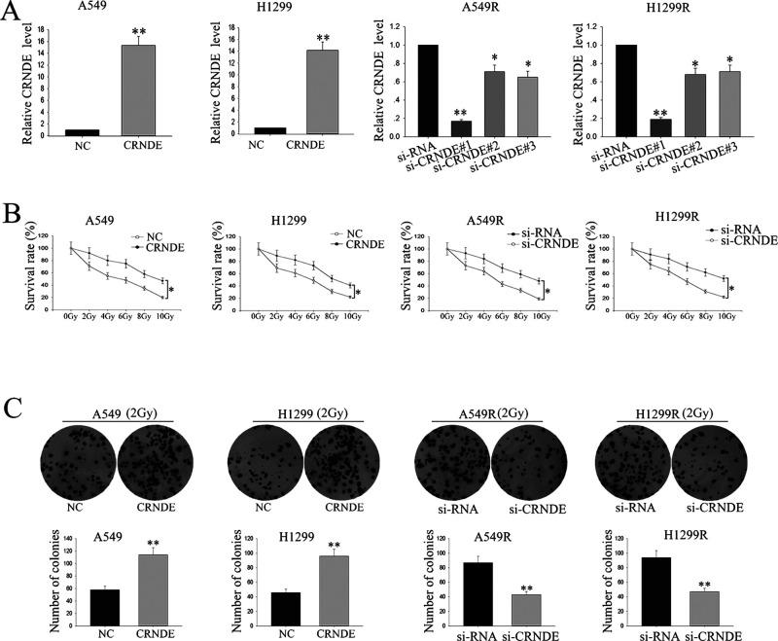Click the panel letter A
tap(14, 16)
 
